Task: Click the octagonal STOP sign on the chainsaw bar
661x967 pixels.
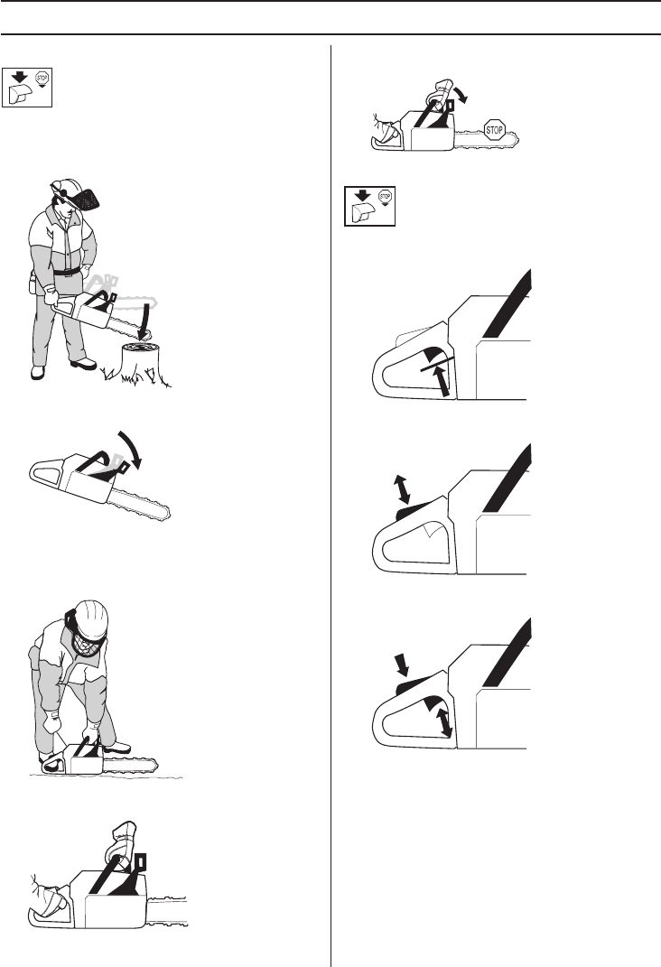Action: pos(494,130)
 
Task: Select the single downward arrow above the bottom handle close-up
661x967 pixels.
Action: pos(402,665)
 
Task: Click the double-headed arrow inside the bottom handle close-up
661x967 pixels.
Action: pos(444,721)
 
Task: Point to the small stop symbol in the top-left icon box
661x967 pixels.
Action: pos(42,79)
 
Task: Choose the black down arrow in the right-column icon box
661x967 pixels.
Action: pos(362,196)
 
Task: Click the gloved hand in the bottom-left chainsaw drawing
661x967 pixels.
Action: pos(122,842)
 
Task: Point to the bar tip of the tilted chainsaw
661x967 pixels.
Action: pos(164,515)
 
